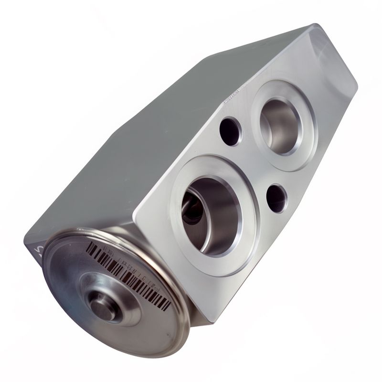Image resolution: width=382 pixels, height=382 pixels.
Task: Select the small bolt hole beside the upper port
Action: coord(230,131)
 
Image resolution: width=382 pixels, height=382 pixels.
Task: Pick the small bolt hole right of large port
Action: coord(276,198)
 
